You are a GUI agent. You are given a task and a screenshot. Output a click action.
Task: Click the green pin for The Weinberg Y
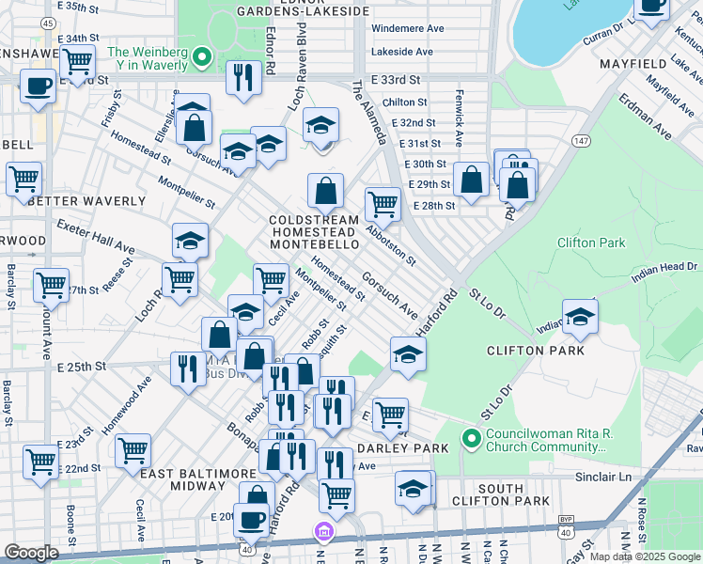200,58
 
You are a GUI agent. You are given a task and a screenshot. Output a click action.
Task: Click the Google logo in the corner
31,553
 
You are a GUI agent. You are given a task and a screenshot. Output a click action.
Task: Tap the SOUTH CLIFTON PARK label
513,495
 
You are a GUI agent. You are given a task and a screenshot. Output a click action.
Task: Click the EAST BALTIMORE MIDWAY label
198,479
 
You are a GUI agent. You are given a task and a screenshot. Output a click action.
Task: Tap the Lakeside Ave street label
401,52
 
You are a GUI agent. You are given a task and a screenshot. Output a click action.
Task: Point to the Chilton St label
406,102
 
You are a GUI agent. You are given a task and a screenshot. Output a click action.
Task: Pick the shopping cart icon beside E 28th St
383,202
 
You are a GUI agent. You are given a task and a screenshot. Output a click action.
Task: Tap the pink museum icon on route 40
323,533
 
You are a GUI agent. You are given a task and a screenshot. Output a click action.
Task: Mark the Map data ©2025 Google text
644,556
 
